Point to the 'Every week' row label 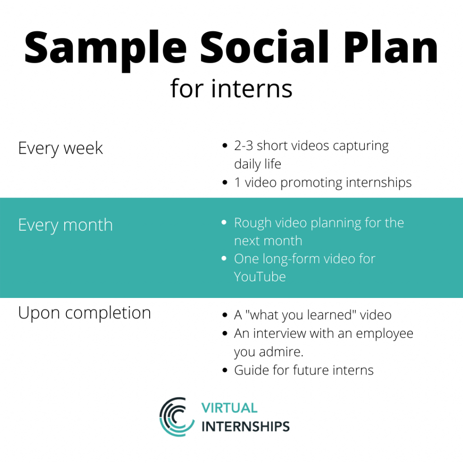click(61, 148)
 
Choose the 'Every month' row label click(65, 225)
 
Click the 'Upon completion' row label click(84, 312)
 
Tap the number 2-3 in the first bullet click(244, 146)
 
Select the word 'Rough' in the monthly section click(252, 223)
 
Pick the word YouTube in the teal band click(260, 276)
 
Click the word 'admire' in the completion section click(284, 351)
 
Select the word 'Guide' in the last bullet click(249, 370)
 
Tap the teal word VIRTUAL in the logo click(229, 408)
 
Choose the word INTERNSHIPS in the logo click(245, 426)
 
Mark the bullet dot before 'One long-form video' click(224, 259)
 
